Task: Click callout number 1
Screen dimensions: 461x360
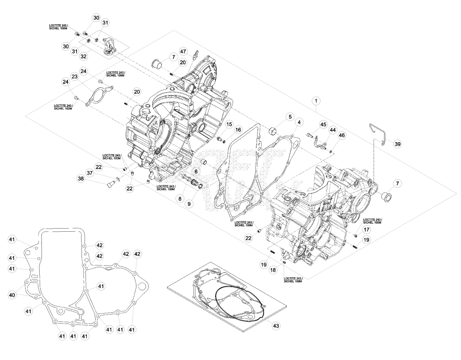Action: pyautogui.click(x=316, y=101)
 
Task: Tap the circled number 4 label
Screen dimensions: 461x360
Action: pyautogui.click(x=299, y=121)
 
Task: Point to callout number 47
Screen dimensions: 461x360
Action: pyautogui.click(x=183, y=52)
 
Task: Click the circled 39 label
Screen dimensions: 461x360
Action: pyautogui.click(x=398, y=144)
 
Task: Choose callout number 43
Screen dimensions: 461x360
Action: pyautogui.click(x=276, y=326)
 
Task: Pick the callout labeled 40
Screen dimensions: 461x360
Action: pyautogui.click(x=12, y=294)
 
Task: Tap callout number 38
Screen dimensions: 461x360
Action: pyautogui.click(x=81, y=178)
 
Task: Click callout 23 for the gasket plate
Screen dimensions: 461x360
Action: pyautogui.click(x=75, y=76)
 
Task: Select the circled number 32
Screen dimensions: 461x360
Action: pyautogui.click(x=84, y=56)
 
